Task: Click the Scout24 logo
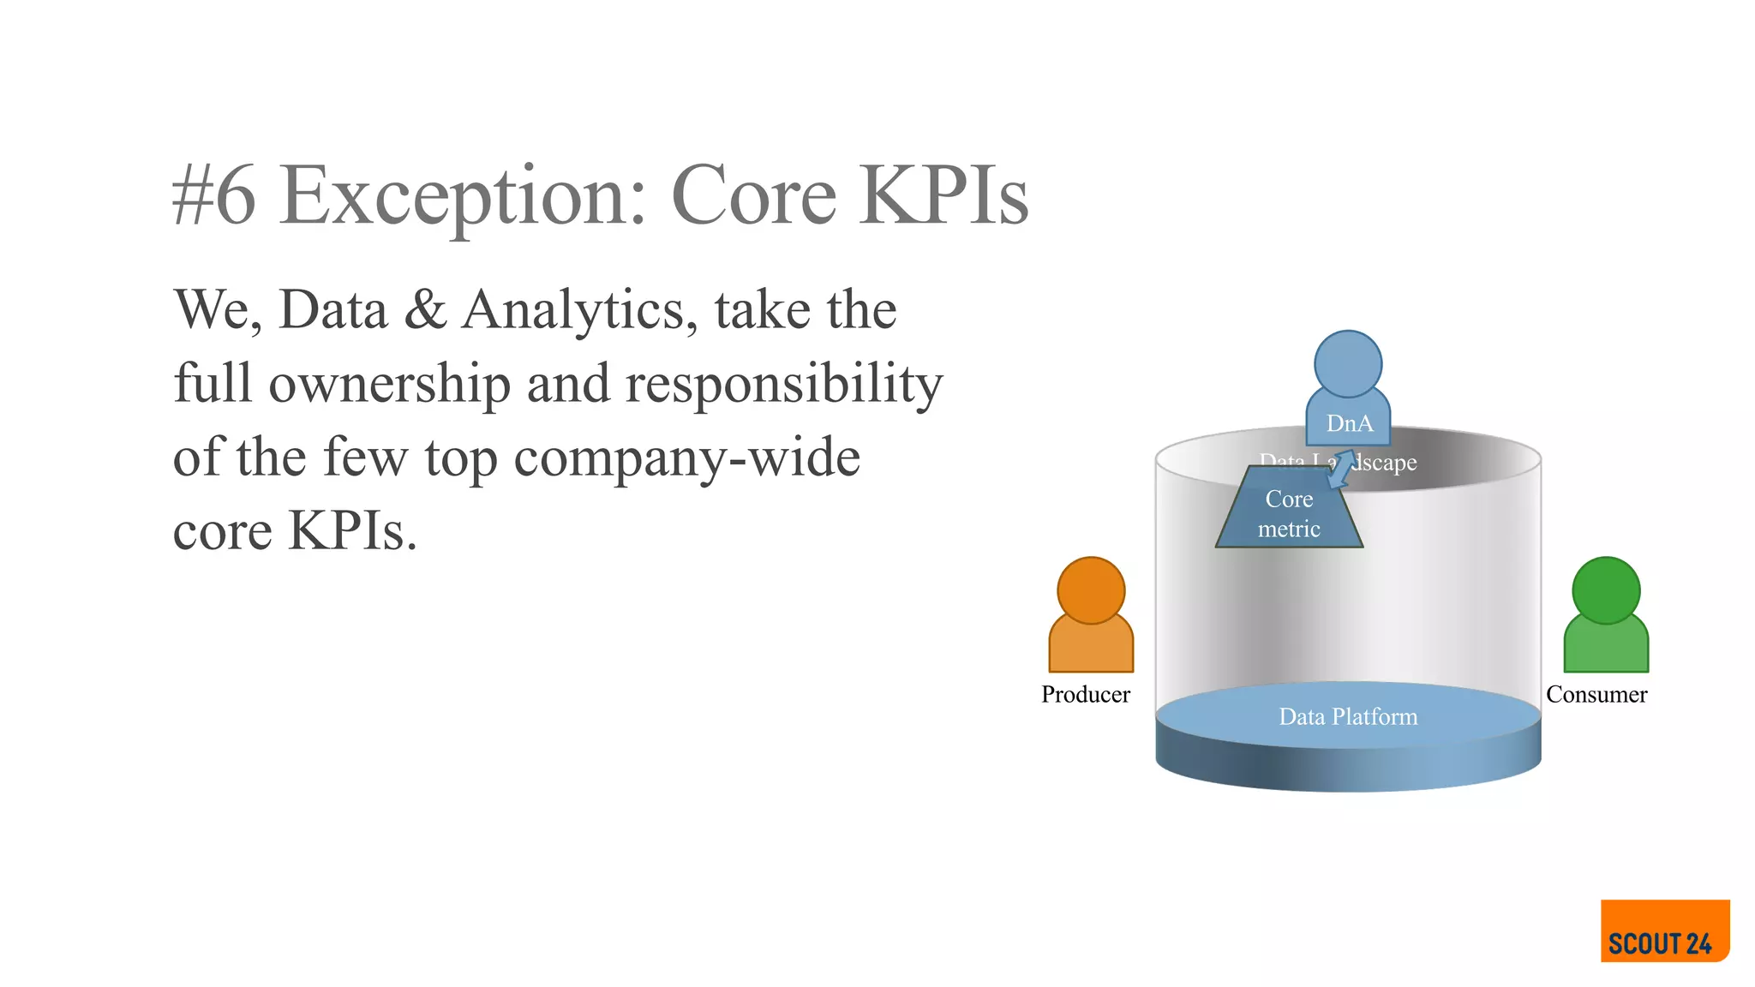point(1664,931)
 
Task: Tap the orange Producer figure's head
point(1091,590)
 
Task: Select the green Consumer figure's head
point(1606,590)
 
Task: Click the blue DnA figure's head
point(1348,364)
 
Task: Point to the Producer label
point(1085,694)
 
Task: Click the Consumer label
point(1596,694)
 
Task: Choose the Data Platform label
point(1348,716)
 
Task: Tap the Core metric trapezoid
point(1289,514)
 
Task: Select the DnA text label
point(1349,423)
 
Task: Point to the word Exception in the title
point(463,196)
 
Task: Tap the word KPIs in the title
point(944,196)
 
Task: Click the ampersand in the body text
point(425,309)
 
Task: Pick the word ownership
point(389,384)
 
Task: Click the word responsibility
point(783,384)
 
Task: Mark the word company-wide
point(686,458)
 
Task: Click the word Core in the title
point(753,196)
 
